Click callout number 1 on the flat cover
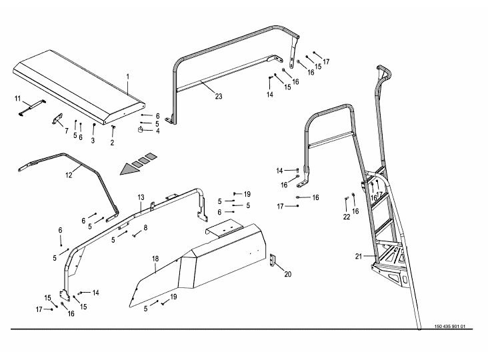127,77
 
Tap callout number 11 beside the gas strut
18,99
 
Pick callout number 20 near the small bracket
288,274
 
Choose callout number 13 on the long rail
141,198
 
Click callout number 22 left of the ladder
346,217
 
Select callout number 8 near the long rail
145,228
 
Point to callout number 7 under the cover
66,131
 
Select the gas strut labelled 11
31,107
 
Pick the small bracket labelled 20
273,260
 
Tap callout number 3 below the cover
93,141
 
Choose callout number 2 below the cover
112,142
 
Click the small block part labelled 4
143,129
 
